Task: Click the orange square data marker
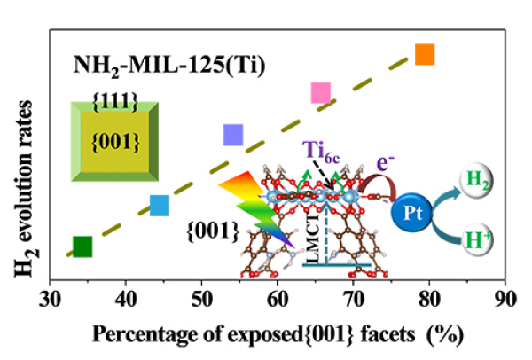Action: tap(425, 54)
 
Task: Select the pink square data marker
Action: tap(321, 92)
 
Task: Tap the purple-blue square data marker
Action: tap(233, 134)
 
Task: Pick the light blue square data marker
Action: tap(160, 206)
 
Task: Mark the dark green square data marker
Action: tap(82, 247)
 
